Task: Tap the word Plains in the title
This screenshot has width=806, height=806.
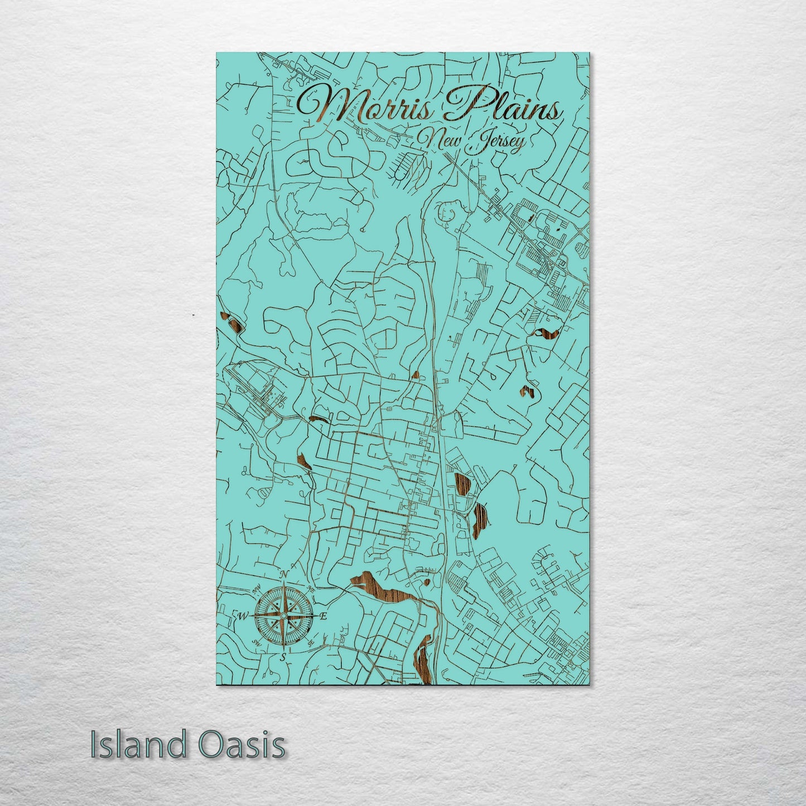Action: tap(502, 106)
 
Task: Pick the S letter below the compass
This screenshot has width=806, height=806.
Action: tap(283, 657)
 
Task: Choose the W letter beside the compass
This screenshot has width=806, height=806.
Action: tap(243, 616)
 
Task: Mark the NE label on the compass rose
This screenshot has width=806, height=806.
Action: tap(311, 590)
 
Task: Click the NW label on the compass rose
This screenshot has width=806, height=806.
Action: tap(257, 590)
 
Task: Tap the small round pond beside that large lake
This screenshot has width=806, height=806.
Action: tap(427, 582)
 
